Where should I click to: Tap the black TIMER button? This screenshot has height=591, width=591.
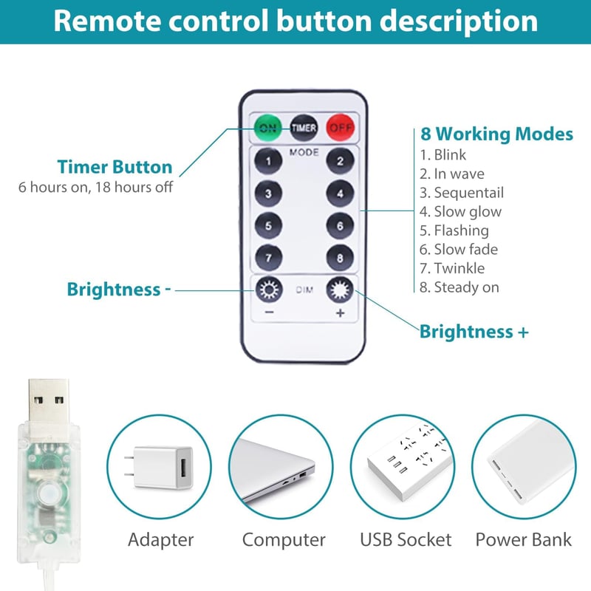[x=304, y=128]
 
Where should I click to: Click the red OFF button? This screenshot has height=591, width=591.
[x=341, y=128]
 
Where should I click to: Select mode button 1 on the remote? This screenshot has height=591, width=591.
[x=268, y=161]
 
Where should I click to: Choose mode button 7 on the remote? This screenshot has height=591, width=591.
[x=268, y=258]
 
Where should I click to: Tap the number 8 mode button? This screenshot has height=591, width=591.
[x=340, y=258]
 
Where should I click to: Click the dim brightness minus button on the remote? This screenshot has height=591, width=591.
[x=269, y=290]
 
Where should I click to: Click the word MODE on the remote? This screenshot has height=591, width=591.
[x=304, y=152]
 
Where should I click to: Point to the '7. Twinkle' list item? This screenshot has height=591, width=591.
[x=452, y=268]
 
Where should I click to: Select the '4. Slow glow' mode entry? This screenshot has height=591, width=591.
[x=460, y=212]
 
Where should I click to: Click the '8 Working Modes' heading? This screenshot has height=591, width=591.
[x=496, y=134]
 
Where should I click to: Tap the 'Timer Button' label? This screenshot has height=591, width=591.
[x=115, y=167]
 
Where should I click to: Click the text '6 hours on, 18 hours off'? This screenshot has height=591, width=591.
[x=96, y=187]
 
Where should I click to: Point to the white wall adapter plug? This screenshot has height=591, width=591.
[x=159, y=468]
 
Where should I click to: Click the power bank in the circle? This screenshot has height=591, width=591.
[x=524, y=468]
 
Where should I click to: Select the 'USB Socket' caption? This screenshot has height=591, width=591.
[x=406, y=539]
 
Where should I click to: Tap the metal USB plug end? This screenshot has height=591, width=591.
[x=49, y=401]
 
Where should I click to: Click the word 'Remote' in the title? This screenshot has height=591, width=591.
[x=107, y=21]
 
